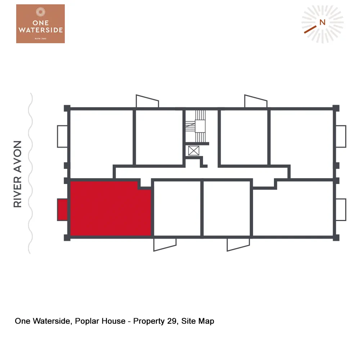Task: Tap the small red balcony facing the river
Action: point(62,210)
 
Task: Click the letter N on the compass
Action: point(322,22)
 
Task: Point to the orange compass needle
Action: point(310,30)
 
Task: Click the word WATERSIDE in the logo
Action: point(41,30)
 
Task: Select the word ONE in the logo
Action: point(41,22)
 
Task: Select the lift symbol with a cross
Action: point(194,150)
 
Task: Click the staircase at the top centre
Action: point(198,126)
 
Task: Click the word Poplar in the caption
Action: point(88,321)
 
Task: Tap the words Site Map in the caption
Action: point(198,321)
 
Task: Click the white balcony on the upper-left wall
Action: point(62,136)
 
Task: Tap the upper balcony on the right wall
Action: point(341,136)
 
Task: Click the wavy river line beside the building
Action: point(31,173)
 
